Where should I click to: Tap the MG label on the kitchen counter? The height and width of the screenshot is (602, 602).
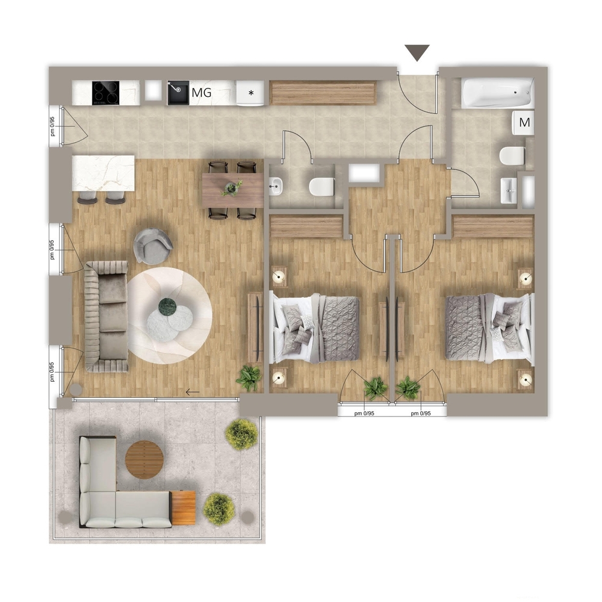coord(202,93)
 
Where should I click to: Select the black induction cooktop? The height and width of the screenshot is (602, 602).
coord(105,93)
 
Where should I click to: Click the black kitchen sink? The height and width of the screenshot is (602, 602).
coord(178,93)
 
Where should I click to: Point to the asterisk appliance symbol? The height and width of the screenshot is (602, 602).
coord(251,93)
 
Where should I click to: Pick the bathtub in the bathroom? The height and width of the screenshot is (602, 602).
coord(498,93)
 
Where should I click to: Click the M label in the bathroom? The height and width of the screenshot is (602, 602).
coord(524,122)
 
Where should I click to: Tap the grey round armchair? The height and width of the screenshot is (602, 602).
coord(153,246)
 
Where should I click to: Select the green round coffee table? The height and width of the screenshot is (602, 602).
coord(167,307)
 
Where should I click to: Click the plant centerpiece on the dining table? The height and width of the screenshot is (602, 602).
coord(232,188)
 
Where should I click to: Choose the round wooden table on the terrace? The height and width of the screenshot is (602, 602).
coord(144,460)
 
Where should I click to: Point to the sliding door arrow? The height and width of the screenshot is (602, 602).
coord(193,392)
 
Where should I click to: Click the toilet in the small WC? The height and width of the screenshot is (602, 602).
coord(321,187)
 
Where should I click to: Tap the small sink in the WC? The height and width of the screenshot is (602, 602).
coord(276,186)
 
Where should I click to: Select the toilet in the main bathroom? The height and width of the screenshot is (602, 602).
coord(512,157)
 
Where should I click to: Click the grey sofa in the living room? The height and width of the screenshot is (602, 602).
coord(107,317)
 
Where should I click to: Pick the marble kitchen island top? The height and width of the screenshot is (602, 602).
coord(104,173)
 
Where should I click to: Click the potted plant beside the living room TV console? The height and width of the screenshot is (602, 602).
coord(249,378)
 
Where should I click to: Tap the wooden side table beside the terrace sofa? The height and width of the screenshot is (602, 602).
coord(183,507)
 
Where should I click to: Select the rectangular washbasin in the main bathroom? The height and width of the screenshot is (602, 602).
coord(509,190)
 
